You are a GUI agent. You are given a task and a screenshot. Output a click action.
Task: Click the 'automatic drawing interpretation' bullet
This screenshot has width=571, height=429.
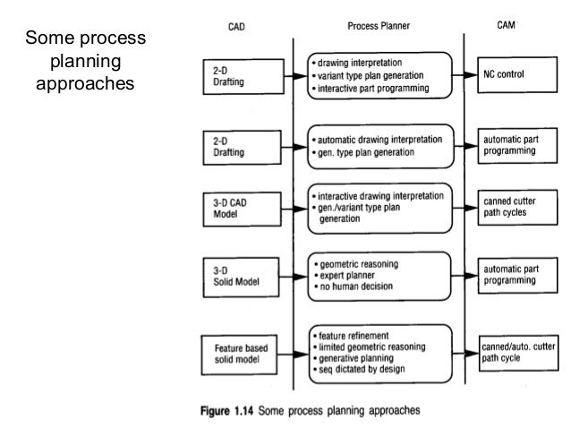[379, 140]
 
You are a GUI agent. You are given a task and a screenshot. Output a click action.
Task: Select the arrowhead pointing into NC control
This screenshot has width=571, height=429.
[474, 74]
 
